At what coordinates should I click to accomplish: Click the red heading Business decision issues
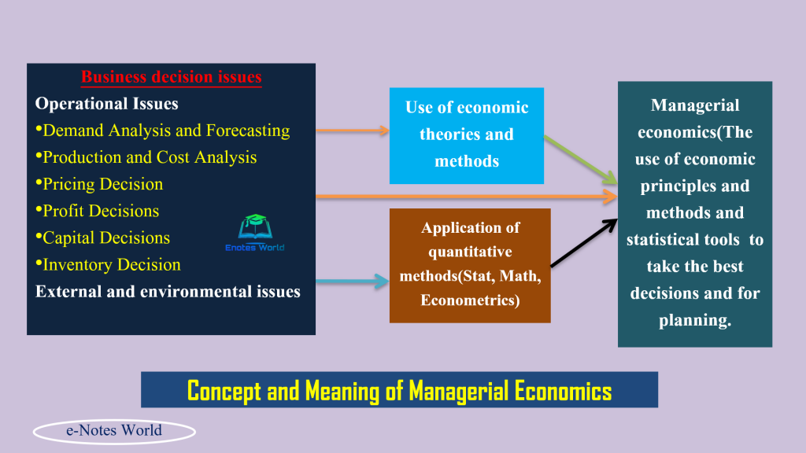[171, 77]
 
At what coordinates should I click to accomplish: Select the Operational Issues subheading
[107, 104]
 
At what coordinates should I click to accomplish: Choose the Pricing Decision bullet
[102, 184]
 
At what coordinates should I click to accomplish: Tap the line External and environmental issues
[168, 292]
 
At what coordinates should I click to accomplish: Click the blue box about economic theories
[467, 134]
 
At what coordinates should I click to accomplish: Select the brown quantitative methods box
[470, 264]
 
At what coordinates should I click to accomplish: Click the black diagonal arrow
[583, 243]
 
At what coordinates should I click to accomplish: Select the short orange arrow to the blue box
[352, 131]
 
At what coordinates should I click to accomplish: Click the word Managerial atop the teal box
[695, 105]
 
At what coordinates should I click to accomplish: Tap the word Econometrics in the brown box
[470, 300]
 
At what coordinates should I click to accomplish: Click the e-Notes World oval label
[114, 431]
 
